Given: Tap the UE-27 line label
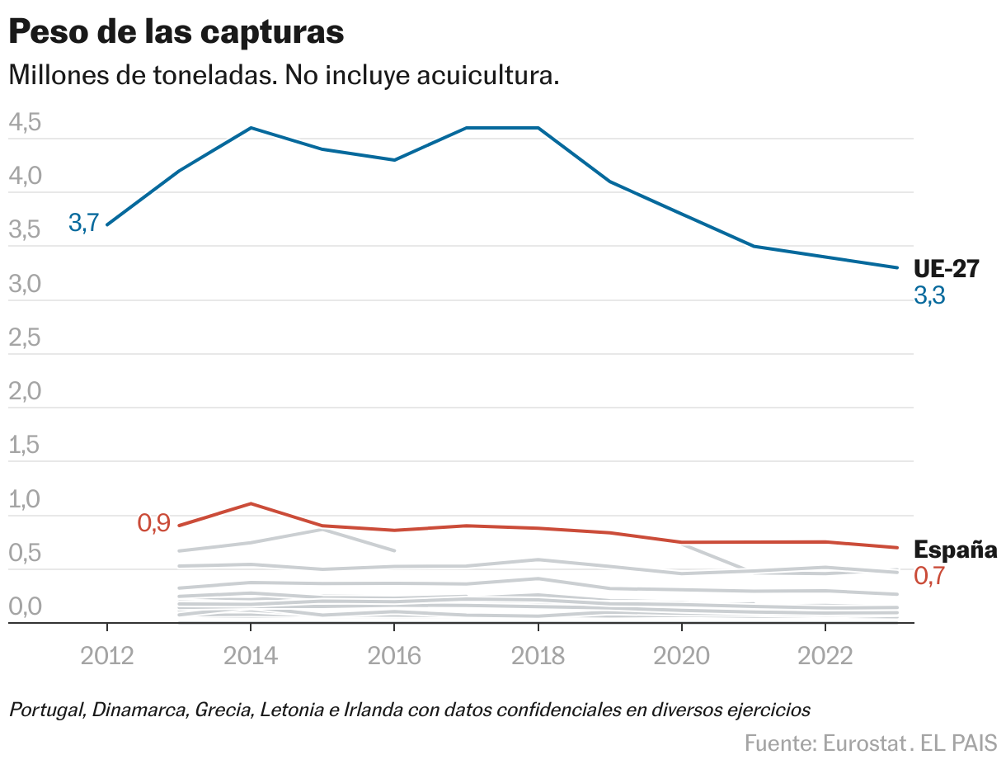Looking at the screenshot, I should click(946, 269).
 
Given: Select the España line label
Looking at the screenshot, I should click(956, 550).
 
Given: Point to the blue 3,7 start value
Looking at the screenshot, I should click(83, 223).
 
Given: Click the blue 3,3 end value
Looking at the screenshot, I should click(929, 295).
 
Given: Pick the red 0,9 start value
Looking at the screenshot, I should click(153, 522).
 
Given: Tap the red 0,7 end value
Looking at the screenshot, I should click(929, 576).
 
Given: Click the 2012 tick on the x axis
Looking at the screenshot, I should click(107, 656).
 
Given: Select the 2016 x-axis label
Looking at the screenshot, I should click(394, 656).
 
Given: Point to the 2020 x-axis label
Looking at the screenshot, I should click(681, 656).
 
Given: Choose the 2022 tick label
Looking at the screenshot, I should click(825, 656).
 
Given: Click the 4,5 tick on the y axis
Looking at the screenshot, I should click(24, 124).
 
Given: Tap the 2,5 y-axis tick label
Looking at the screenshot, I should click(24, 339).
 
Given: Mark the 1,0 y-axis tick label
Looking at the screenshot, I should click(24, 501).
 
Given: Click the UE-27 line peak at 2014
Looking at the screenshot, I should click(251, 128).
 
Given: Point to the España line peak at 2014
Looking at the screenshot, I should click(251, 503).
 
